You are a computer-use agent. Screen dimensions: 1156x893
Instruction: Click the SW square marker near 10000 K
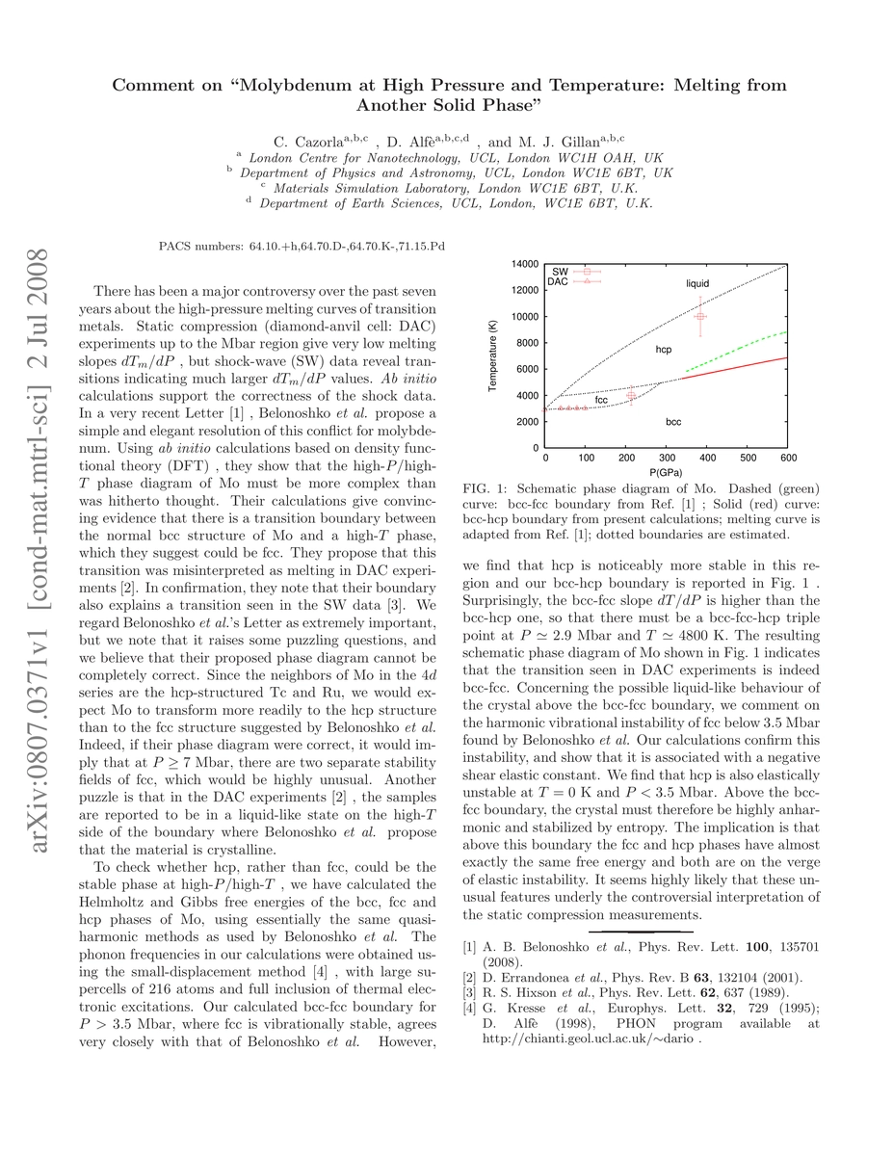coord(700,316)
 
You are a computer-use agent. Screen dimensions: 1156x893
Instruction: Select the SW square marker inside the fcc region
coord(631,396)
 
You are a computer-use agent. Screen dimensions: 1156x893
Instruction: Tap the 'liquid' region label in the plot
coord(697,283)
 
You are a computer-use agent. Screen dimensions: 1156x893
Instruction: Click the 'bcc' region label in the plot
coord(674,422)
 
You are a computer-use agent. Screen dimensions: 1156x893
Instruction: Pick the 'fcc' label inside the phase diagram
coord(601,399)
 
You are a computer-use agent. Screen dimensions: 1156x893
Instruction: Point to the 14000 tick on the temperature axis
coord(525,264)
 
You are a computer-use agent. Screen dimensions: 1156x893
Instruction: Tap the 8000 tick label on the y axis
coord(528,343)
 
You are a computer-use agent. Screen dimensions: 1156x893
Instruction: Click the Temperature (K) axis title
coord(492,355)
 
